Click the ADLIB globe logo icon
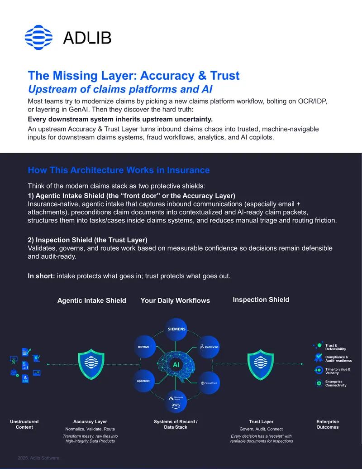(38, 38)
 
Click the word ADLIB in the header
(87, 38)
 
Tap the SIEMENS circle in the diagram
(176, 329)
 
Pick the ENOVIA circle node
(209, 347)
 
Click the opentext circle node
(143, 381)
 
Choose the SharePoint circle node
(209, 383)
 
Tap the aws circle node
(176, 401)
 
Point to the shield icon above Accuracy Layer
(91, 364)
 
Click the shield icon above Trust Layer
(261, 364)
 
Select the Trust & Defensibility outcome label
(335, 347)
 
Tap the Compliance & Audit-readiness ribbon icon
(319, 358)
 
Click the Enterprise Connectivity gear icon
(319, 383)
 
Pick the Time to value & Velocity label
(338, 371)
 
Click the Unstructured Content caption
(24, 425)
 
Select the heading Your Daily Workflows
(175, 300)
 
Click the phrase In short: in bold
(41, 276)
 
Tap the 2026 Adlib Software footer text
(39, 458)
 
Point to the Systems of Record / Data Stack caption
(176, 425)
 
